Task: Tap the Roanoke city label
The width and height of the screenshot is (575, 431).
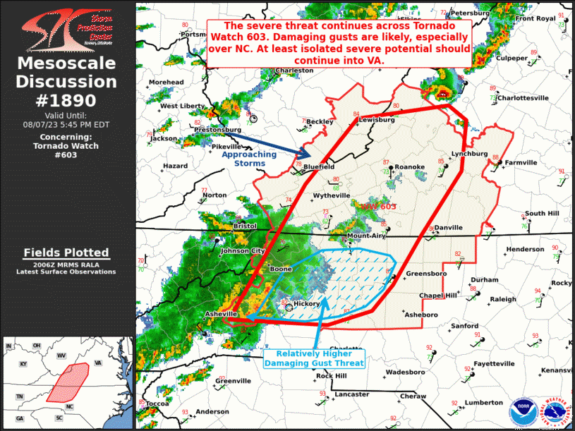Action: (x=409, y=167)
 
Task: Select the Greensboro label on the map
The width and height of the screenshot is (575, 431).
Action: (x=423, y=273)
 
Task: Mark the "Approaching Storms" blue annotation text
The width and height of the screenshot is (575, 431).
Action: (x=243, y=159)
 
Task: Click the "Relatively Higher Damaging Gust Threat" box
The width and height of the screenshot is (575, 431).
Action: (x=314, y=358)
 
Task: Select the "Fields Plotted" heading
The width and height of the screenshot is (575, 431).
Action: (x=66, y=253)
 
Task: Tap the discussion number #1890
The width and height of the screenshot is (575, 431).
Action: (x=66, y=99)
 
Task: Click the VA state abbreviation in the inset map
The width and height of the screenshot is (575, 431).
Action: (x=98, y=363)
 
